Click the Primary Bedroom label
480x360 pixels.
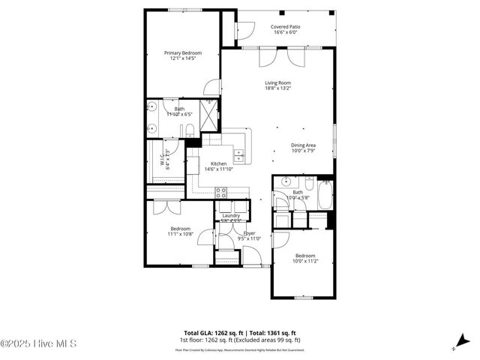(x=183, y=52)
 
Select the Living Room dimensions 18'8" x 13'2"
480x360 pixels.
(x=277, y=88)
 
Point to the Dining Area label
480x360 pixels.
(x=303, y=145)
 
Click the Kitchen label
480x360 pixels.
(x=218, y=163)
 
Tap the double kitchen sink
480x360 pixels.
(x=239, y=156)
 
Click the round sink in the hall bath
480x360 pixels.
(x=286, y=183)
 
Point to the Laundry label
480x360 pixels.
(x=230, y=215)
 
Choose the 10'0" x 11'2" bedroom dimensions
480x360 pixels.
(x=304, y=261)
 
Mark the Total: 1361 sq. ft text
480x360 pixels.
(x=273, y=332)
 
